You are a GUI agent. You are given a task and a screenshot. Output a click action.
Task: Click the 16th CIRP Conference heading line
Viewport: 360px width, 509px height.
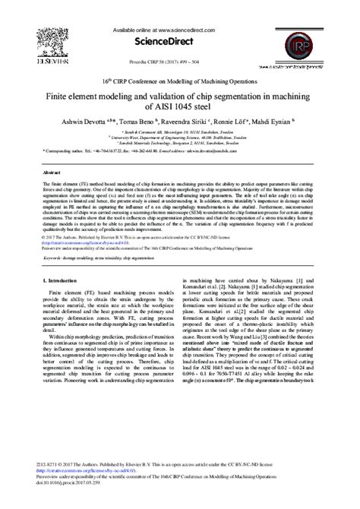point(180,81)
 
